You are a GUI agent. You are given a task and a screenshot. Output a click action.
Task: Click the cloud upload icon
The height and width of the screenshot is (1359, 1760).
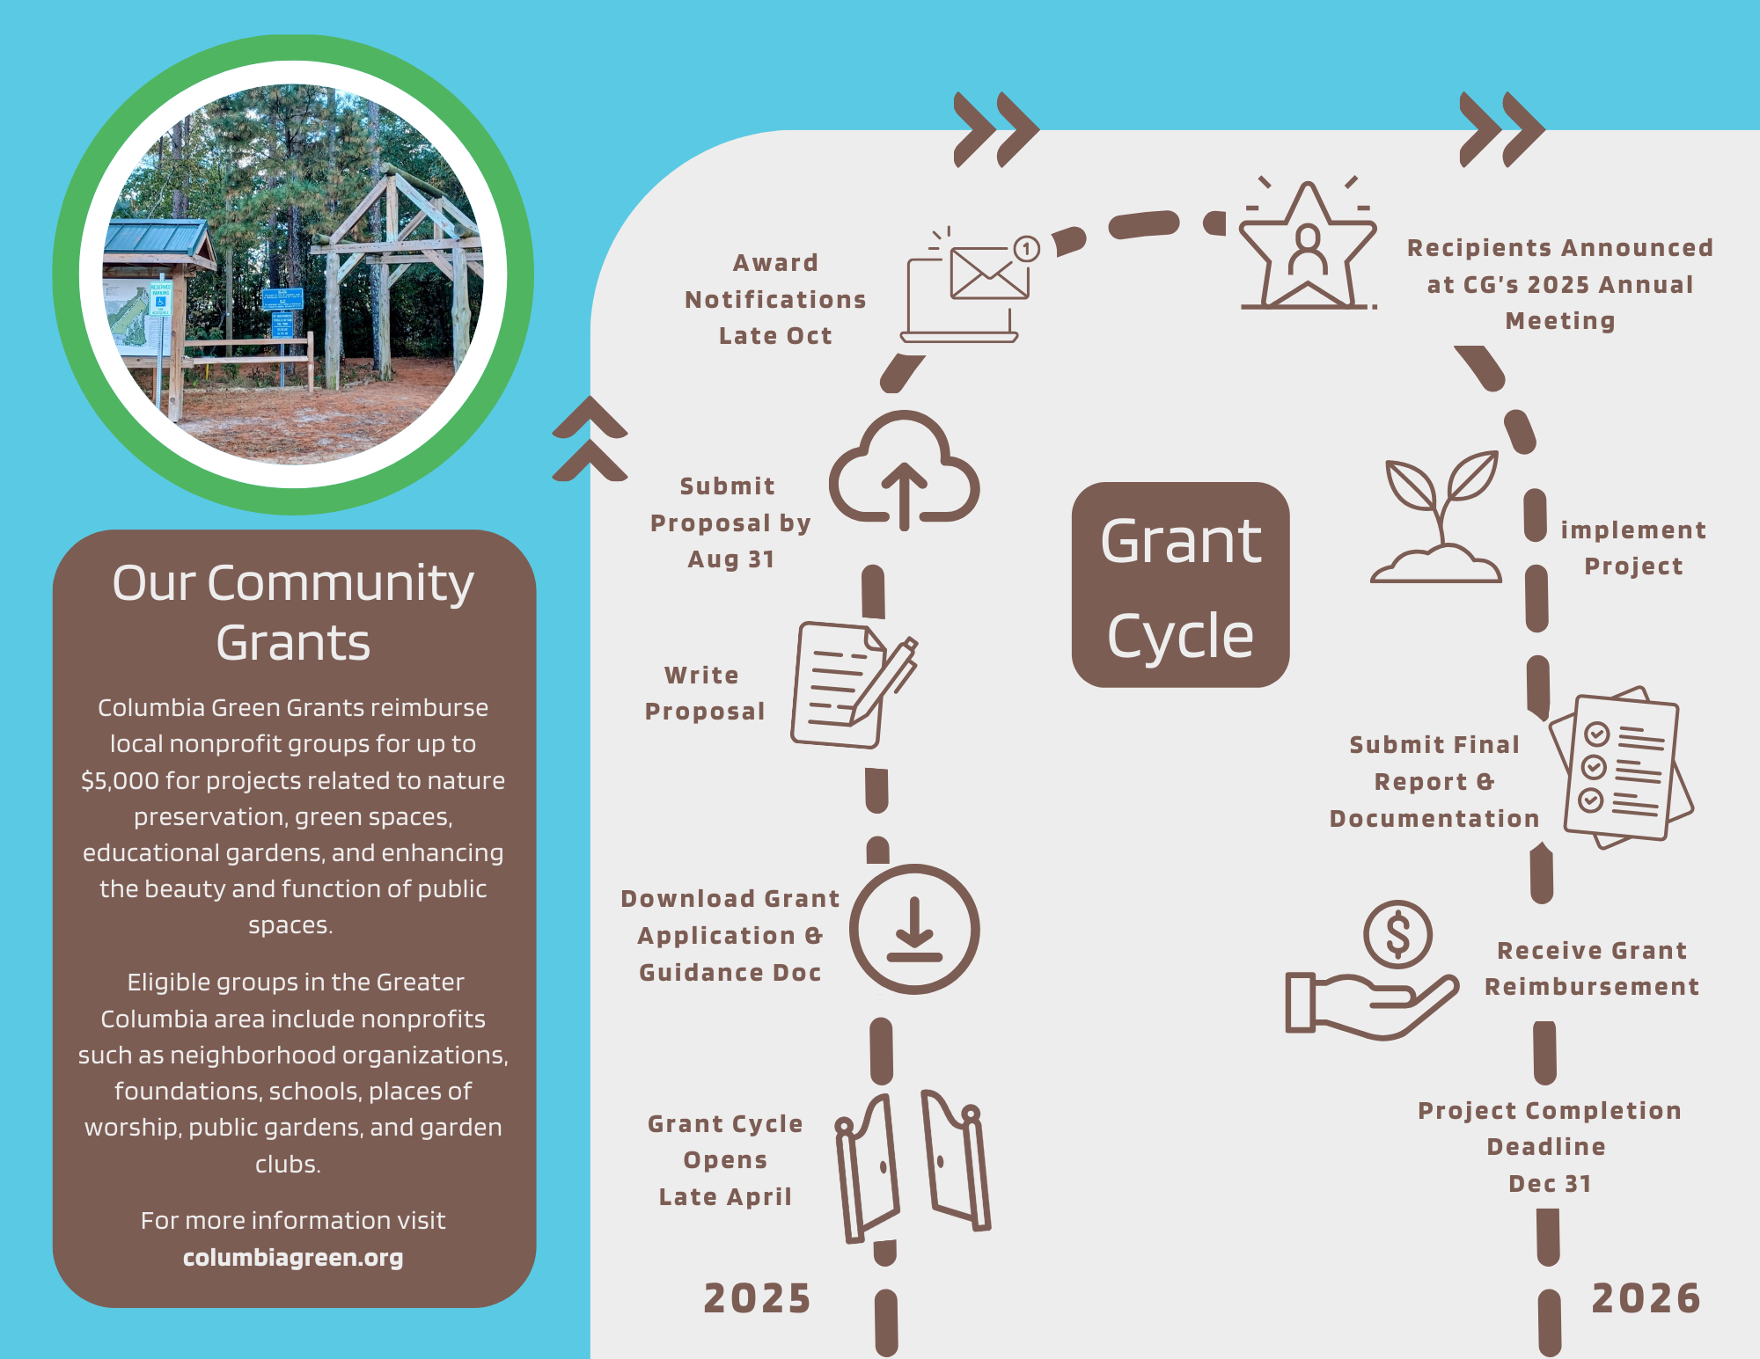click(904, 471)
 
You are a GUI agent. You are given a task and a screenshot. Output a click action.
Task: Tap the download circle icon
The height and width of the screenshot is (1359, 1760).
click(914, 929)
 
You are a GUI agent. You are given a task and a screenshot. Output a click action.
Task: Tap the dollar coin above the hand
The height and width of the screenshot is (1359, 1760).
click(1397, 934)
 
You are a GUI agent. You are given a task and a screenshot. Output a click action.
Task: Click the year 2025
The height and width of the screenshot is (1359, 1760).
click(757, 1298)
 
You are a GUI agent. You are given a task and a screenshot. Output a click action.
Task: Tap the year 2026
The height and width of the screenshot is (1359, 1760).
click(1646, 1298)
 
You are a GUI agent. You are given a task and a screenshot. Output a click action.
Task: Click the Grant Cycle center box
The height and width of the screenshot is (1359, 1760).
click(1180, 585)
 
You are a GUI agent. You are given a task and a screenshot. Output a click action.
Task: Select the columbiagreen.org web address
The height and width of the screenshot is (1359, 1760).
click(293, 1258)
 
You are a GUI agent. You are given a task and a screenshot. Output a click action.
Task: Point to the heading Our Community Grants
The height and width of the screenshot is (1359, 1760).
click(293, 612)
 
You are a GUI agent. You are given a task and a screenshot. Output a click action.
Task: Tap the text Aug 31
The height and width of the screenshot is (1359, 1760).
click(730, 559)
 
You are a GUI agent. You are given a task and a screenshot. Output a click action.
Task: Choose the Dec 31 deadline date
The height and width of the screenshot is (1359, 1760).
click(1550, 1184)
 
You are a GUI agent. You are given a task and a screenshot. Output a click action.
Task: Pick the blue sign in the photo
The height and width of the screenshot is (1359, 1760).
click(282, 299)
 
